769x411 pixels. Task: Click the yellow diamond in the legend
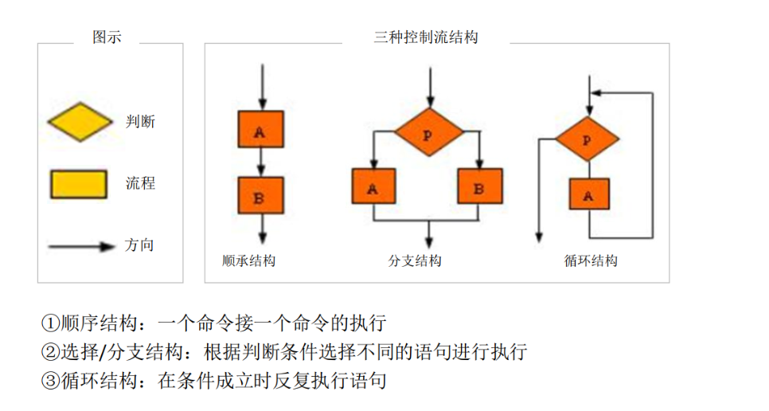[x=79, y=122]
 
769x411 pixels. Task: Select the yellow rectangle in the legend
[x=78, y=183]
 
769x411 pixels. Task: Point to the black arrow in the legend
[x=82, y=246]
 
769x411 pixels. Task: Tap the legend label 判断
[x=140, y=122]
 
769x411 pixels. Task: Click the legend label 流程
[x=140, y=183]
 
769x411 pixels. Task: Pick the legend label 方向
[x=139, y=245]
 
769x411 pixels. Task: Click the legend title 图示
[x=107, y=37]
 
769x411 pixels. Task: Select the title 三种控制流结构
[x=426, y=37]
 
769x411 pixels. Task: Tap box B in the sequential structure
[x=261, y=196]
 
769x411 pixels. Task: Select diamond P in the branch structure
[x=429, y=132]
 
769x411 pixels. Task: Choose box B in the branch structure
[x=480, y=189]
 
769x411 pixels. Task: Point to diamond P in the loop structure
[x=587, y=139]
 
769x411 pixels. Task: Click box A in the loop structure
[x=589, y=194]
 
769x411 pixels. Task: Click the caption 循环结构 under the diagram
[x=590, y=261]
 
